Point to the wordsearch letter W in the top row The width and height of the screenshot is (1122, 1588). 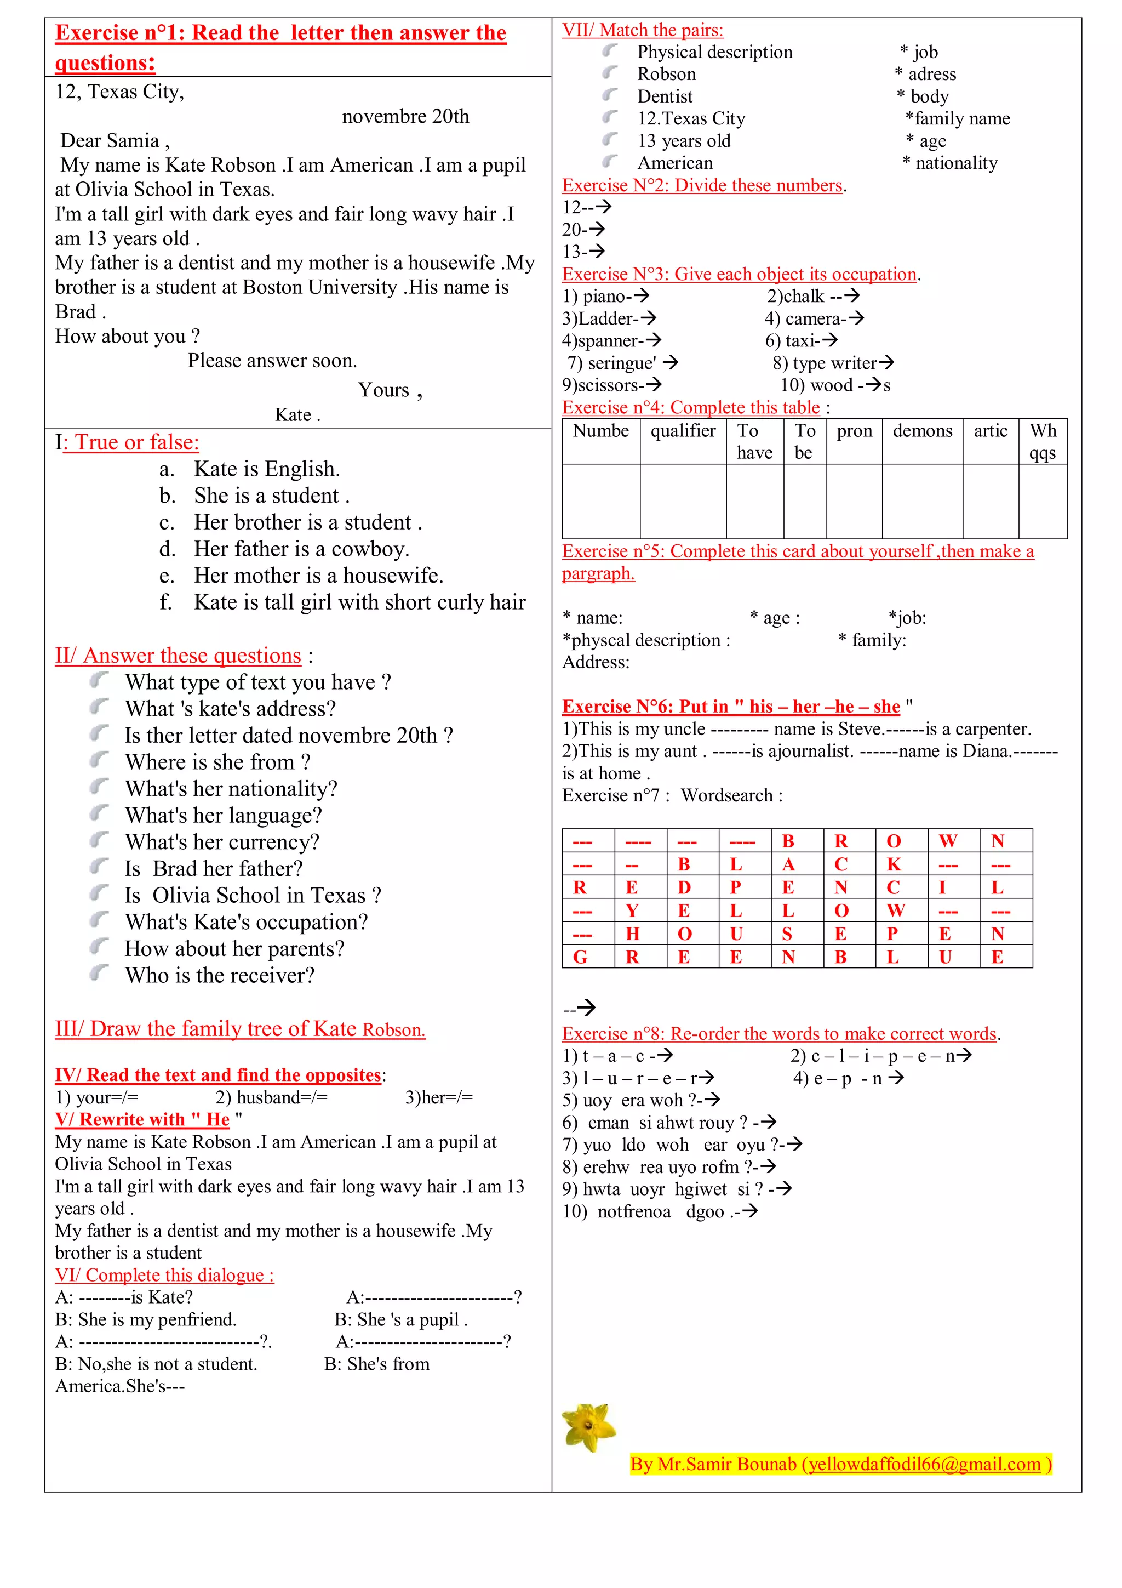coord(947,841)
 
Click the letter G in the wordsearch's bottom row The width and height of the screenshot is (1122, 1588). coord(580,957)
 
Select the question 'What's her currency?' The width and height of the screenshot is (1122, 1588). coord(222,843)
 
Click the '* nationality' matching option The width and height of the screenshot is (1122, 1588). coord(951,163)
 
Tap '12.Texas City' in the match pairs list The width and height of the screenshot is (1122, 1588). coord(691,119)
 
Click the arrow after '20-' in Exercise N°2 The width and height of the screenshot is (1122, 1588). coord(597,228)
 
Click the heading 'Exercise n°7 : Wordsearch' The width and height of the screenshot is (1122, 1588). coord(672,795)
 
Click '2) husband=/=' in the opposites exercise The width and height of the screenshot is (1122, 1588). coord(271,1097)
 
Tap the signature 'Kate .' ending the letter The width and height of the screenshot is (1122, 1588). coord(297,415)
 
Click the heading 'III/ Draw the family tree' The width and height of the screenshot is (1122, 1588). coord(240,1029)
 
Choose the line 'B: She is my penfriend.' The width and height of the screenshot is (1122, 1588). coord(146,1319)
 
